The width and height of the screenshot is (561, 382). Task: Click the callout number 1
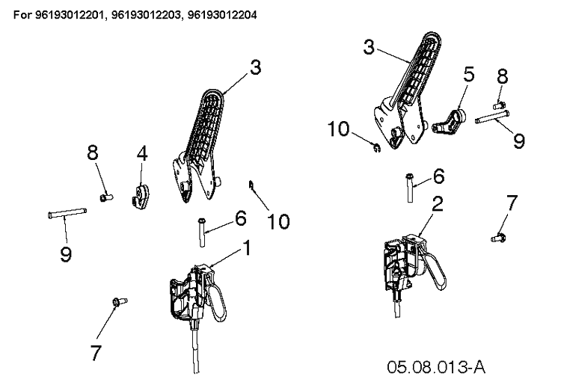[x=247, y=248]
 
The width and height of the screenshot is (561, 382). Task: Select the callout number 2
[x=438, y=204]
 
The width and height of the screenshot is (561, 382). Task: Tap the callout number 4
[x=142, y=154]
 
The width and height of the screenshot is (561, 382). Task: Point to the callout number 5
[x=468, y=75]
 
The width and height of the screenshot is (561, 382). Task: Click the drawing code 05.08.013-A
[x=436, y=367]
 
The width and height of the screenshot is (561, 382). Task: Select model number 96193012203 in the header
[x=146, y=15]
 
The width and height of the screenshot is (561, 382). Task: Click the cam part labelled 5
[x=450, y=122]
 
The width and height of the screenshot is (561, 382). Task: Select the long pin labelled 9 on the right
[x=492, y=117]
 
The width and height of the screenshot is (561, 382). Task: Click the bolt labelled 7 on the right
[x=498, y=237]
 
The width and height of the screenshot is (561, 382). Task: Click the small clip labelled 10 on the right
[x=376, y=147]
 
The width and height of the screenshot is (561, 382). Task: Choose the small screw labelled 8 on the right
[x=499, y=105]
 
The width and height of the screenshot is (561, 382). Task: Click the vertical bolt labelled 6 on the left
[x=202, y=231]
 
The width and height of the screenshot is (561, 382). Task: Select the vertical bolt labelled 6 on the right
[x=411, y=188]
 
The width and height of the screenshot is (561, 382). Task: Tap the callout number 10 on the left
[x=278, y=221]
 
